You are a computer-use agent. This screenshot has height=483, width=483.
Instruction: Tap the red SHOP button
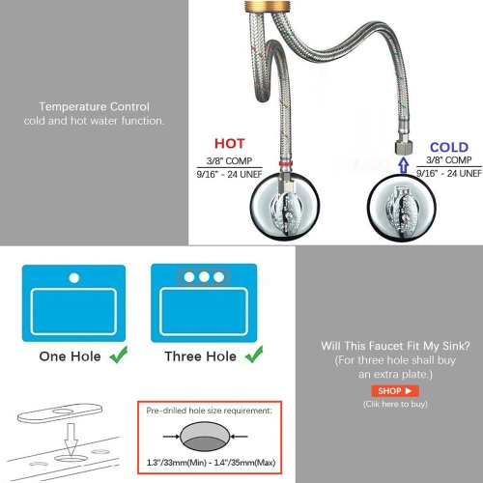click(x=395, y=390)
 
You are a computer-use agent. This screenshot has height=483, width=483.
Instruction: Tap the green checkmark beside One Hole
click(x=118, y=355)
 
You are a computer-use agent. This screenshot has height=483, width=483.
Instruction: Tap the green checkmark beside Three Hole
click(x=255, y=355)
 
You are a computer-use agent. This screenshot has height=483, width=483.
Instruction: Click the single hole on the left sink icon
click(x=73, y=277)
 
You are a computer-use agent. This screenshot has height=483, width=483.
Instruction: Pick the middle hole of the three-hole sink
click(x=204, y=277)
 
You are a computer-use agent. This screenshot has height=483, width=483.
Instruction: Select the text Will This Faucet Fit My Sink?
click(x=395, y=345)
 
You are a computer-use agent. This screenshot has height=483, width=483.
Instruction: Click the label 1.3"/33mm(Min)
click(x=174, y=465)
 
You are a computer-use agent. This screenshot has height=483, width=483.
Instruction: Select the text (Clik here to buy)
click(x=395, y=406)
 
